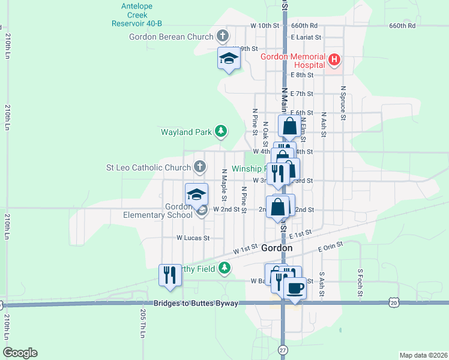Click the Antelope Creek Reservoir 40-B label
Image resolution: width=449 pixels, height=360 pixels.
pos(137,15)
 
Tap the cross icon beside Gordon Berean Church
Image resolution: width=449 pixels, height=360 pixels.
pos(223,36)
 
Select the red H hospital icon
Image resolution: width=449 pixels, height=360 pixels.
pos(334,59)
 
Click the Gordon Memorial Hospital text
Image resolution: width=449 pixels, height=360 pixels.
pos(294,57)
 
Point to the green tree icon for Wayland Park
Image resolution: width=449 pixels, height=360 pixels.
pos(221,131)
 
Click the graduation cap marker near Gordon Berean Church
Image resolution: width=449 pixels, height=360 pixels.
pos(228,59)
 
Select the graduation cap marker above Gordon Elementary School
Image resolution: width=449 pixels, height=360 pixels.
pos(196,194)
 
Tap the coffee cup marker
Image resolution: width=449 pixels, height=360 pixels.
pos(294,289)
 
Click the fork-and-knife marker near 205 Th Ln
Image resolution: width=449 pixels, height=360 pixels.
pos(170,275)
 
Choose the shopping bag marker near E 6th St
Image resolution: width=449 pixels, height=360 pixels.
pos(289,127)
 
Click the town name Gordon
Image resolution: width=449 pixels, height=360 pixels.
pos(277,248)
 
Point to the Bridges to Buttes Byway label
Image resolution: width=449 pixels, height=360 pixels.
pos(196,304)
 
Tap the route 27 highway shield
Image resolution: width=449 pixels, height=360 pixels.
pos(283,349)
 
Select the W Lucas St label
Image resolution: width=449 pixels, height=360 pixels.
pos(192,238)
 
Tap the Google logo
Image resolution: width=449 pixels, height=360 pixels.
pos(20,353)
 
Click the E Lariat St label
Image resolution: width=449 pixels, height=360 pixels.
pos(306,37)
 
